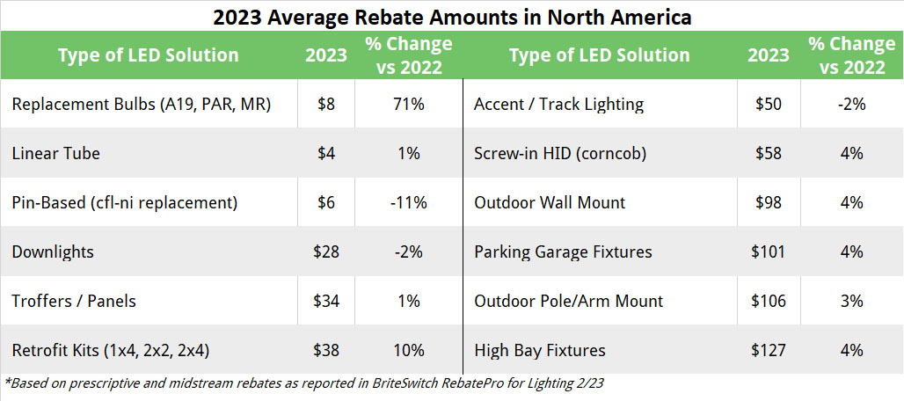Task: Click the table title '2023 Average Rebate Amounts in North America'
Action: pos(452,16)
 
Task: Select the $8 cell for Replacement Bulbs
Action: pos(326,104)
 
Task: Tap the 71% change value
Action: pos(409,104)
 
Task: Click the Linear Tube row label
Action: pos(56,153)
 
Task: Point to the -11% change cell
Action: pos(409,202)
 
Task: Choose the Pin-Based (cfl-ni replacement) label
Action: pos(125,202)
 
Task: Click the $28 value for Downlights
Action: pos(326,252)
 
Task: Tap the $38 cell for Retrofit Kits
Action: pos(326,350)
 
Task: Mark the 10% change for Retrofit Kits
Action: pos(409,350)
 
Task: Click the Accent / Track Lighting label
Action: pos(558,104)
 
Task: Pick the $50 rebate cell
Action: pos(769,104)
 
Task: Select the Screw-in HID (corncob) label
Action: pos(560,153)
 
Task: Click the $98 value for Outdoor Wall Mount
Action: pos(769,202)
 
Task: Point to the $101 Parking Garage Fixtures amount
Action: pos(769,252)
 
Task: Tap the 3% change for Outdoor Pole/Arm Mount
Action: pos(850,301)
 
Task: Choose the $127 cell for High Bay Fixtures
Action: pos(769,350)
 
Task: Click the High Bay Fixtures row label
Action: pos(540,350)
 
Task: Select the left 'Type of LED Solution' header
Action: pos(148,55)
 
